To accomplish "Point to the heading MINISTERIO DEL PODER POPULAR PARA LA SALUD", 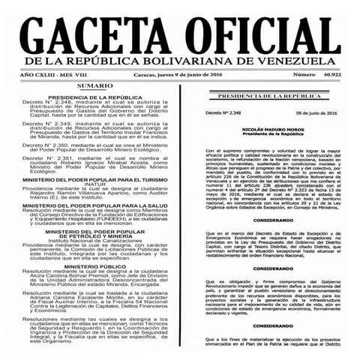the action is tap(94, 184).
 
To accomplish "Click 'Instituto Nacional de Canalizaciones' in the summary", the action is tap(94, 238).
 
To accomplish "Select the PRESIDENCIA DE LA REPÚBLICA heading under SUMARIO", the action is tap(94, 98).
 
